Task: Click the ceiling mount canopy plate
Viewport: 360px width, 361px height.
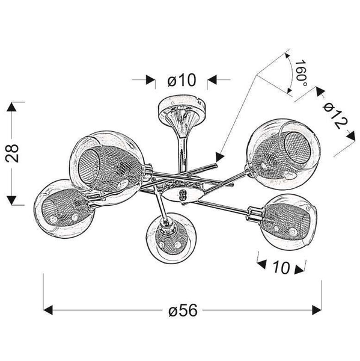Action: click(180, 110)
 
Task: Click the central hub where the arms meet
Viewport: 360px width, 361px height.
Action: click(180, 193)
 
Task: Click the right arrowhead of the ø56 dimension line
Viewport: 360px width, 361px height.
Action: click(318, 310)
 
